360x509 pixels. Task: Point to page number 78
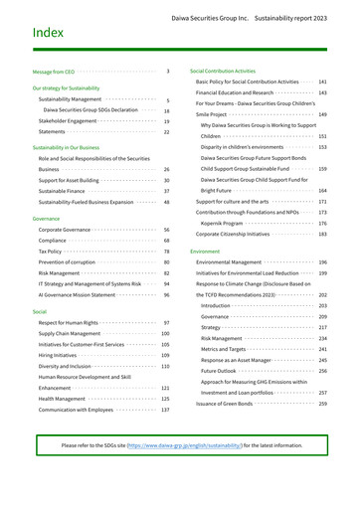point(165,253)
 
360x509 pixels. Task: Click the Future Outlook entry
point(223,371)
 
